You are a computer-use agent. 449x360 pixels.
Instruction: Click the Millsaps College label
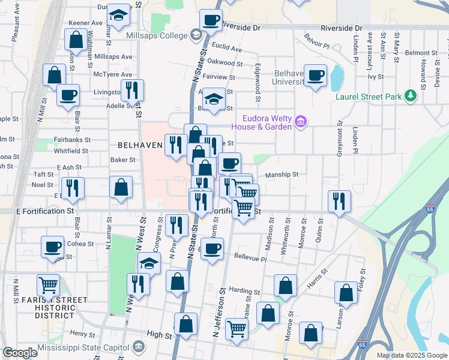[158, 36]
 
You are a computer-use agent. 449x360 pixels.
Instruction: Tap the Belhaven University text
[289, 77]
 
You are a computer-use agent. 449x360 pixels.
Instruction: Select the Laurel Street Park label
[368, 96]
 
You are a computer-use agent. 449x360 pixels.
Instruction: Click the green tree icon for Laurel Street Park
[411, 95]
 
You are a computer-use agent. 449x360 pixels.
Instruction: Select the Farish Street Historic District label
[55, 307]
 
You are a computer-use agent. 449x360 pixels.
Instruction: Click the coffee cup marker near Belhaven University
[315, 76]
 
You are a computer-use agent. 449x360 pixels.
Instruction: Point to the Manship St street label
[282, 175]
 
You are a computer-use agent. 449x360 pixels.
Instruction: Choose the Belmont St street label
[418, 53]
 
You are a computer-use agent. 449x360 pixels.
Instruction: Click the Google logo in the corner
[20, 353]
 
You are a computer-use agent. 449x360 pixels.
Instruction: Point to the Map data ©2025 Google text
[411, 355]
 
